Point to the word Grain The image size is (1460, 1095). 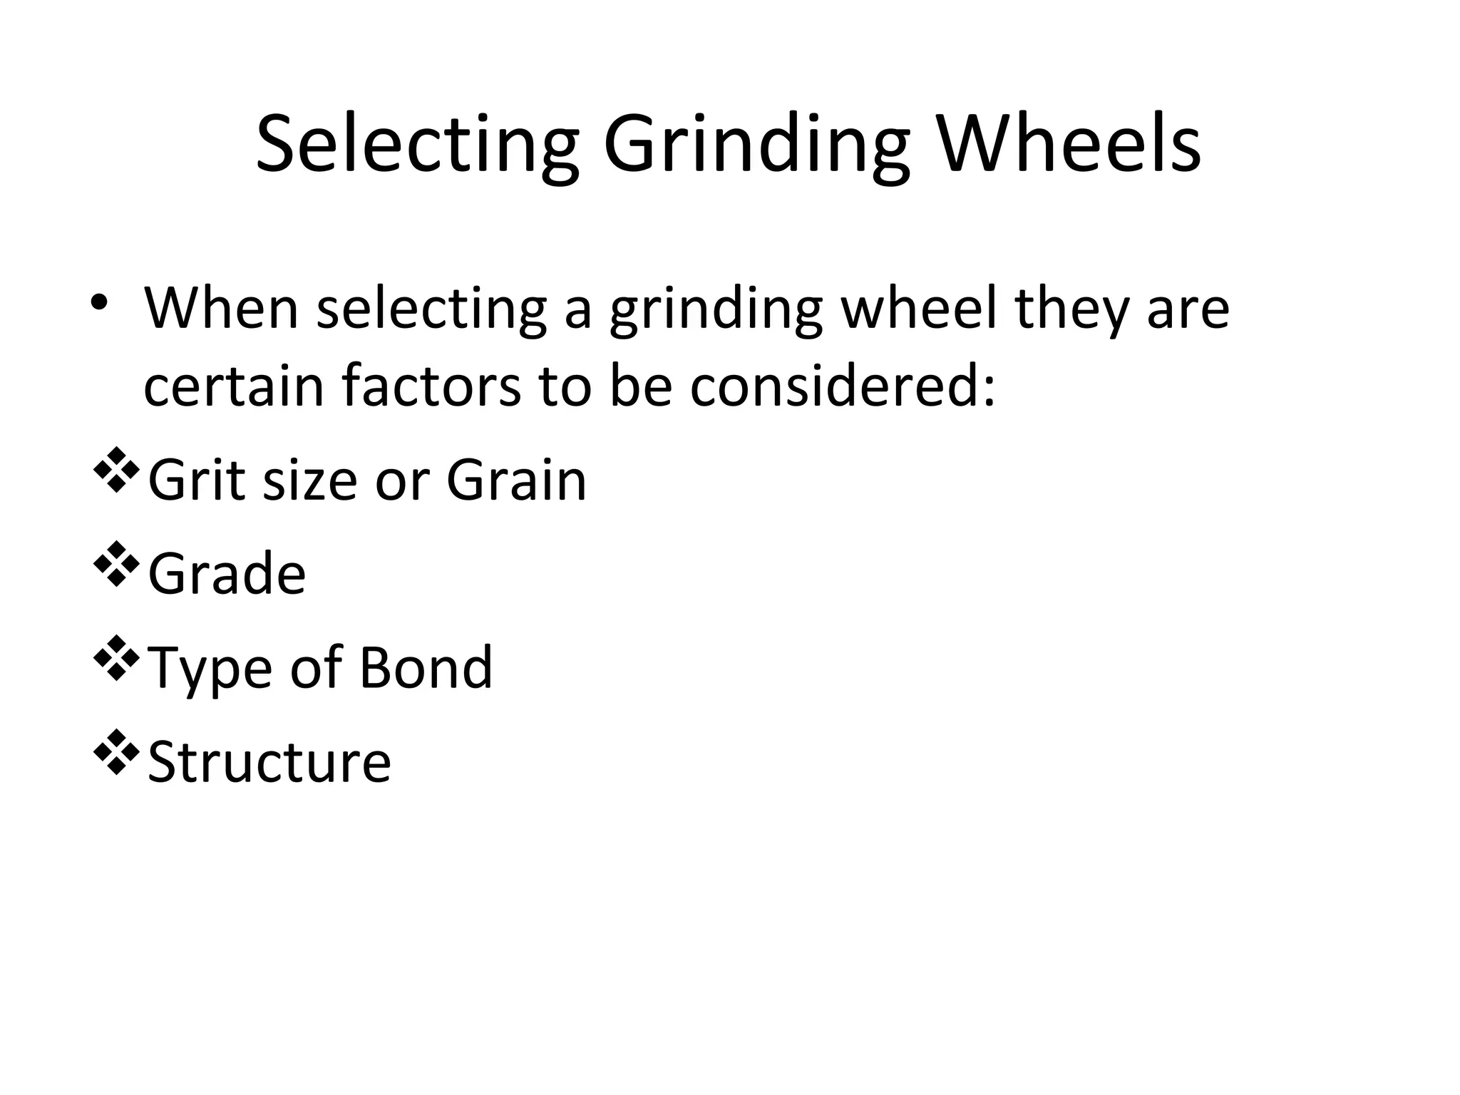coord(516,480)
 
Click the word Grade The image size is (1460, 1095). coord(227,573)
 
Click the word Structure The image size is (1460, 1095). coord(269,761)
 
